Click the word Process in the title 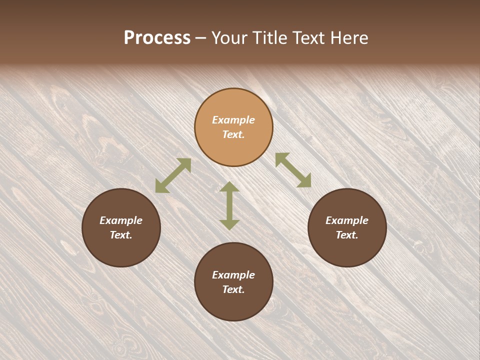point(157,38)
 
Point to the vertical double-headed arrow point(229,205)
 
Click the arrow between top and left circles point(173,175)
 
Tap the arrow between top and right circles point(293,170)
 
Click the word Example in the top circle point(233,120)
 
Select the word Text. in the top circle point(233,134)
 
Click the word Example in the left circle point(121,220)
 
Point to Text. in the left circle point(121,235)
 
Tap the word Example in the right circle point(347,220)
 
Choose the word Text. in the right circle point(347,235)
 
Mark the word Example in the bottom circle point(233,275)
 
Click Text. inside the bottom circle point(233,289)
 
